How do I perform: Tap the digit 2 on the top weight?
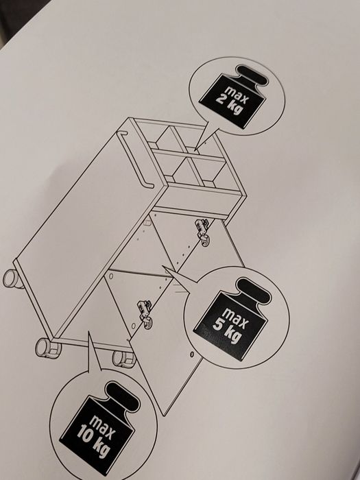coord(220,99)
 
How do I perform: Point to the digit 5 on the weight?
coord(217,324)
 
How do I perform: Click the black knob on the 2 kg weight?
coord(252,75)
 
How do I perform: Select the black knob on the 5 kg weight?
coord(254,291)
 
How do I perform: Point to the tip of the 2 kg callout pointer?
coord(195,152)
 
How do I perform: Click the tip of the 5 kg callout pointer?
coord(163,266)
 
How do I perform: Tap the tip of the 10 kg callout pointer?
coord(89,331)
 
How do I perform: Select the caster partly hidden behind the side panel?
coord(13,279)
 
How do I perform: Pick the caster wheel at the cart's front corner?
coord(47,348)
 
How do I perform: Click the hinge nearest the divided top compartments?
coord(202,231)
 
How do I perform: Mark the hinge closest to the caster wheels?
coord(145,314)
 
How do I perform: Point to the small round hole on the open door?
coord(191,355)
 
